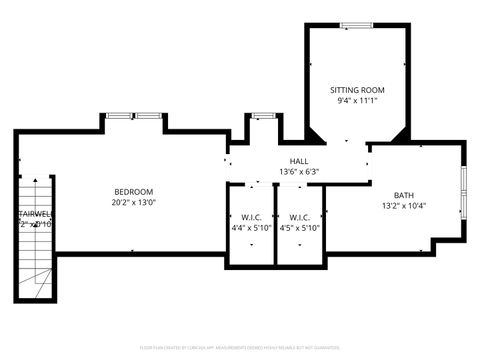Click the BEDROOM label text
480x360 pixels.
tap(133, 191)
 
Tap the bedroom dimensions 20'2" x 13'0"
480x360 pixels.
tap(133, 202)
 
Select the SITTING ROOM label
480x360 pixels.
tap(357, 90)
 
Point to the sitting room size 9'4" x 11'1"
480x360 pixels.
tap(357, 101)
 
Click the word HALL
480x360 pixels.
tap(299, 161)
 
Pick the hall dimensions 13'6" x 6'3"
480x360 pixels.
tap(299, 172)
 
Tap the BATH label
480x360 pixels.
tap(403, 195)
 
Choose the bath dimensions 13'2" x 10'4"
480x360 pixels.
tap(403, 206)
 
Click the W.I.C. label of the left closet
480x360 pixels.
tap(251, 217)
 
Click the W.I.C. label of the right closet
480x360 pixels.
tap(300, 217)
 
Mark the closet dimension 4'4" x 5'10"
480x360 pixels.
tap(251, 228)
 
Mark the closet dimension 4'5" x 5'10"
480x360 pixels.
tap(300, 228)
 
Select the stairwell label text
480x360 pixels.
tap(33, 213)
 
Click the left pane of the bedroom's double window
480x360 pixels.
tap(120, 116)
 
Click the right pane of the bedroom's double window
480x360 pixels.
tap(149, 116)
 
